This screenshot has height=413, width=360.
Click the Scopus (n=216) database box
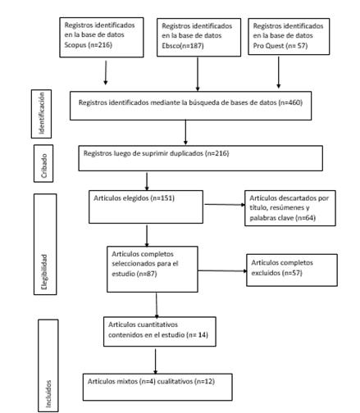tap(102, 38)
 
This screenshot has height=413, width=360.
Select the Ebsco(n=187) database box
tap(198, 38)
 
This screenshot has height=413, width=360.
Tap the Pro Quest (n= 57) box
tap(289, 37)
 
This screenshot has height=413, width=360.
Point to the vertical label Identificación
tap(41, 114)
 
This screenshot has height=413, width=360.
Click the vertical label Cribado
tap(43, 163)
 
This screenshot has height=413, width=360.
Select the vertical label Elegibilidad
tap(45, 244)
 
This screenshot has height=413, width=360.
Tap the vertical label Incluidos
tap(48, 365)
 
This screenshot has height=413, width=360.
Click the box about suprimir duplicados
tap(201, 158)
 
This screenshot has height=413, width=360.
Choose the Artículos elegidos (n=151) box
tap(146, 206)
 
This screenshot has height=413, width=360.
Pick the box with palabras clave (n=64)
tap(290, 208)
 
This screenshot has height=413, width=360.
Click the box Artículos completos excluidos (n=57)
tap(292, 270)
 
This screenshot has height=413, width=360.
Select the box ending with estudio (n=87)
tap(153, 270)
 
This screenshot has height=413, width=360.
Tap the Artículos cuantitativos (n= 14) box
tap(160, 332)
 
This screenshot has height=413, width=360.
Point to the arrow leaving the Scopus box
tap(106, 73)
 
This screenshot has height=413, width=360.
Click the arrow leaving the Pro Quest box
tap(279, 72)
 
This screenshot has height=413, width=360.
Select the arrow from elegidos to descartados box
tap(225, 205)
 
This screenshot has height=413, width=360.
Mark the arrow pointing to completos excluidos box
tap(222, 271)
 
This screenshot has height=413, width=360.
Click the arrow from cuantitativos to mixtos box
tap(155, 361)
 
